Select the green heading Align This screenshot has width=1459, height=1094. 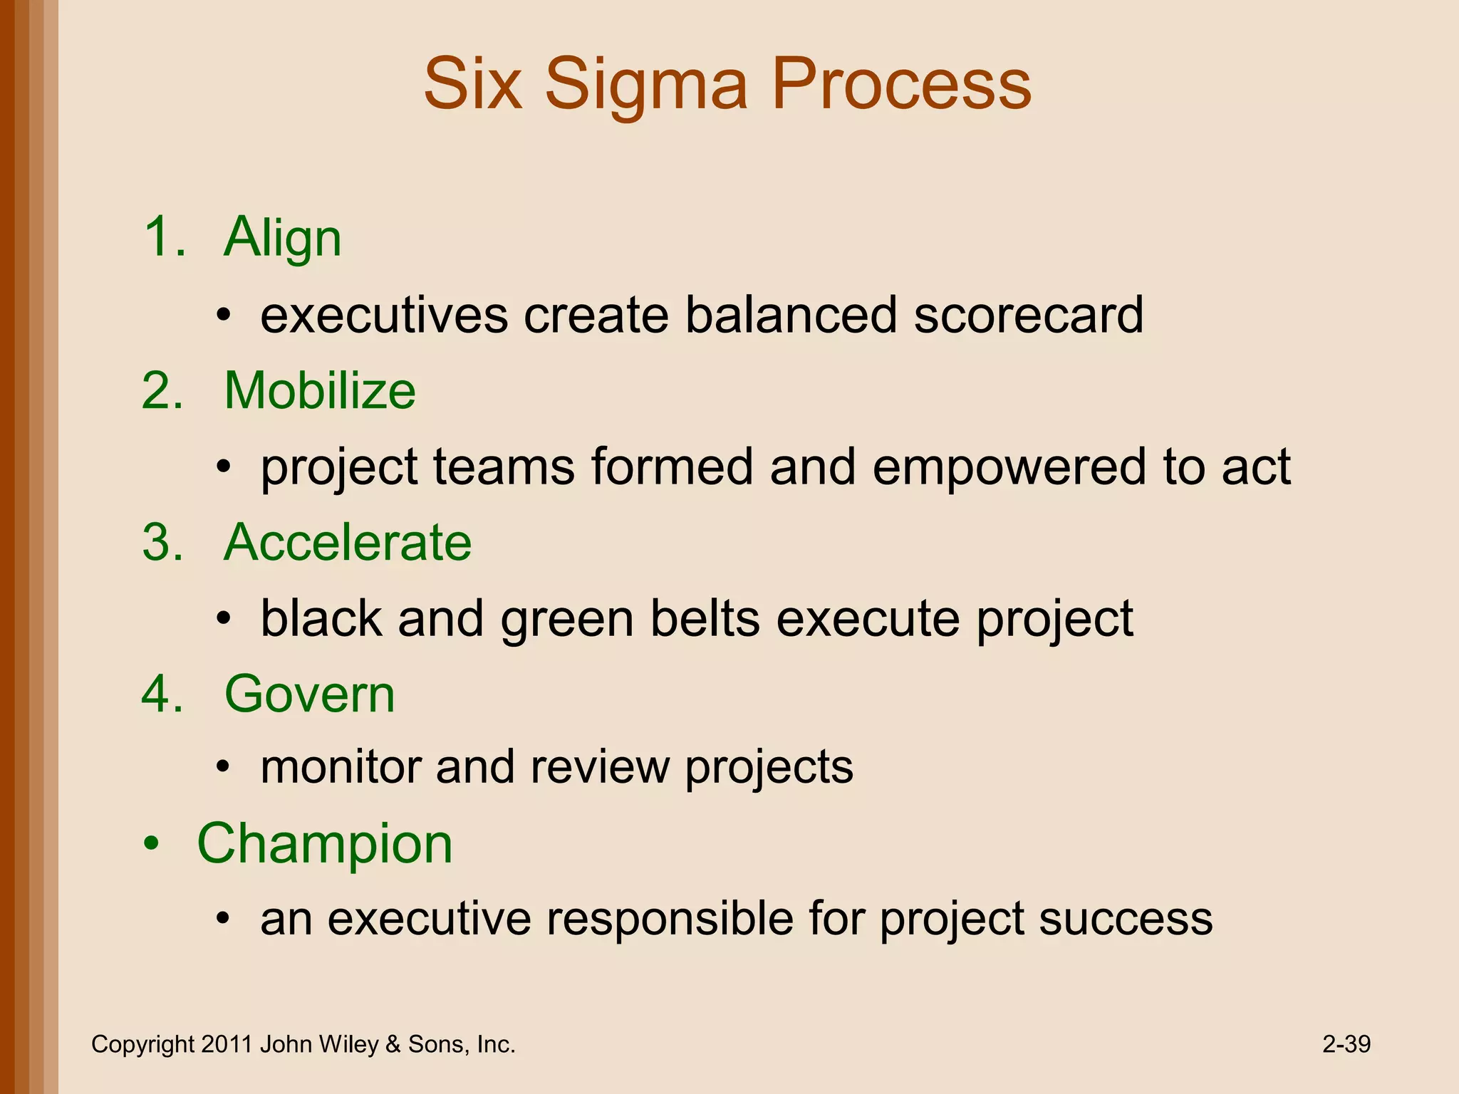click(283, 239)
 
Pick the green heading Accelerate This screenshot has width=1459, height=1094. click(348, 542)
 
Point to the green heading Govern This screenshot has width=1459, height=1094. click(309, 694)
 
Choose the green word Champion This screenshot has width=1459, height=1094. click(325, 845)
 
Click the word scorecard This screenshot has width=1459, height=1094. click(1028, 315)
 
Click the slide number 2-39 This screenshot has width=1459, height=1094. click(1346, 1044)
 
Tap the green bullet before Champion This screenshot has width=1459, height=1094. click(151, 845)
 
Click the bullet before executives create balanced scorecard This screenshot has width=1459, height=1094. click(224, 316)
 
